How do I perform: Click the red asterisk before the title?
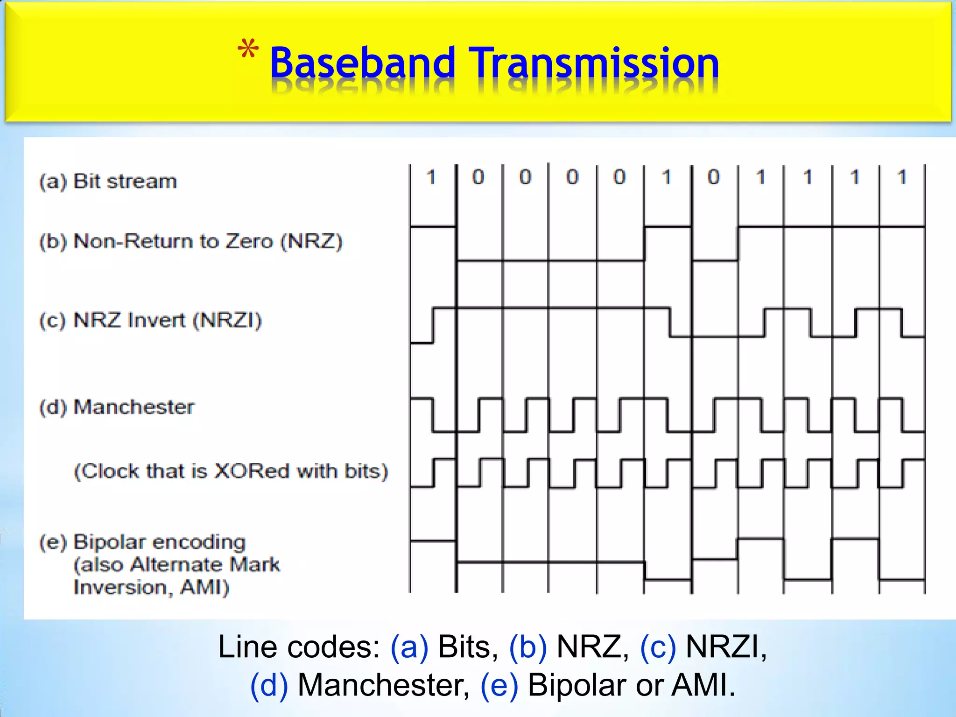[248, 50]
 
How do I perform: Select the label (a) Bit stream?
[108, 181]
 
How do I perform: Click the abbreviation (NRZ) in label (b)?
[311, 241]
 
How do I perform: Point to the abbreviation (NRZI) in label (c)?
[227, 320]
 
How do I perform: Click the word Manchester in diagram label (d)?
[134, 407]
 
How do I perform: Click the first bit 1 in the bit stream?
[431, 177]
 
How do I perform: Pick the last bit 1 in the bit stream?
[902, 177]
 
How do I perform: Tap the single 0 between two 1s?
[713, 177]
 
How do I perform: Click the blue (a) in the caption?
[409, 647]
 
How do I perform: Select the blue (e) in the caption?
[499, 685]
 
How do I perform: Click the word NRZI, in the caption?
[726, 647]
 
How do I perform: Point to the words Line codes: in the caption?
[299, 647]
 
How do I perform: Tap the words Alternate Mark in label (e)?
[205, 565]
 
